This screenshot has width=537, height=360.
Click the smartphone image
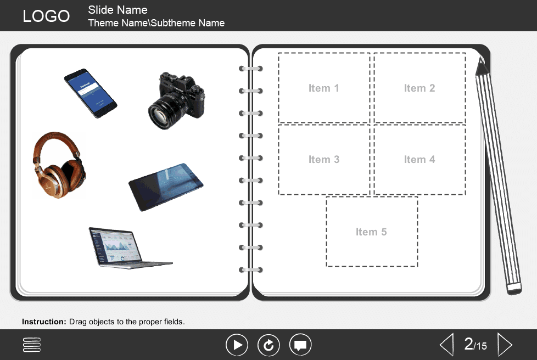(x=90, y=93)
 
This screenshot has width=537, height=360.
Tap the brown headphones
(x=59, y=164)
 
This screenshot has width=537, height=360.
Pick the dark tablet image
(x=166, y=187)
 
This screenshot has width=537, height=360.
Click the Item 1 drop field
(x=324, y=88)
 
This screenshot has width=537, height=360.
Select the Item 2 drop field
(x=419, y=88)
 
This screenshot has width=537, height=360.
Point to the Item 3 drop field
(x=324, y=160)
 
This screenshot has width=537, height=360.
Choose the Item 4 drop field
(x=419, y=160)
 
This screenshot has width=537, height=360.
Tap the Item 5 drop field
(x=372, y=232)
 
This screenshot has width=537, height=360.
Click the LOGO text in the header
(x=46, y=16)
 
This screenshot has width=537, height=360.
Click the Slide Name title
(x=118, y=10)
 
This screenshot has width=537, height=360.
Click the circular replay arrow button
(x=269, y=345)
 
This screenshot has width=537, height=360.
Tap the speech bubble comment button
(x=300, y=345)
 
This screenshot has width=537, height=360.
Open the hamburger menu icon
(x=32, y=345)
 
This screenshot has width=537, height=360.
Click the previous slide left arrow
(x=446, y=345)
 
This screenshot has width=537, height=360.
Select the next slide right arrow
(x=504, y=345)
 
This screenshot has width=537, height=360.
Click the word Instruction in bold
(x=44, y=322)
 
